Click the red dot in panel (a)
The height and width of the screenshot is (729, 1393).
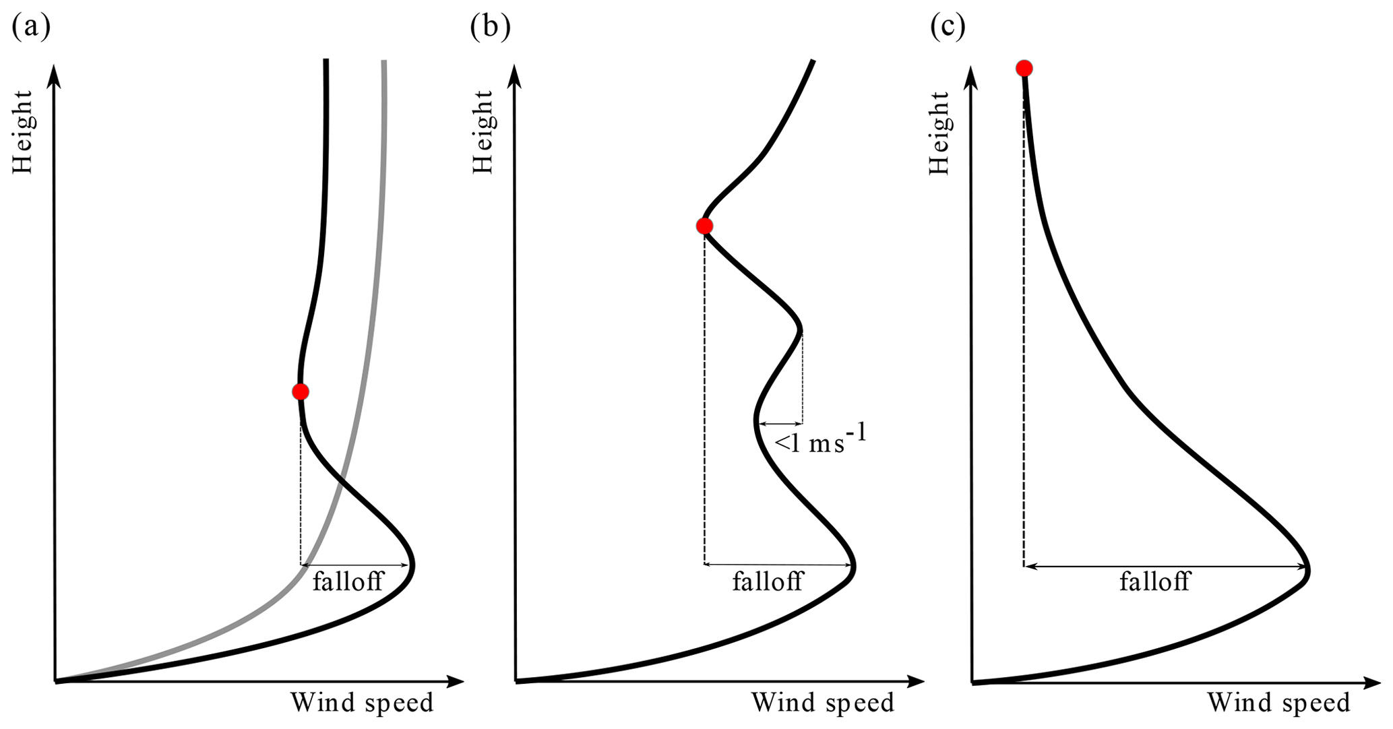301,391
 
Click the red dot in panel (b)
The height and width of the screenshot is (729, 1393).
704,226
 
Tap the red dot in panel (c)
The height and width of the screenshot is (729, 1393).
1024,68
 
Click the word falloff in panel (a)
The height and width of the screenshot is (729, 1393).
348,581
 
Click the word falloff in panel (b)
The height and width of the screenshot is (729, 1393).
768,581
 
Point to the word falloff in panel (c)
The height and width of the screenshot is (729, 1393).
1155,581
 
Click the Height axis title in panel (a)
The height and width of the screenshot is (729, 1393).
23,132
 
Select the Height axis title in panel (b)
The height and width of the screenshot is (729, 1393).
483,132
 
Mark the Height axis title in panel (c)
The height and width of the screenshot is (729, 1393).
939,133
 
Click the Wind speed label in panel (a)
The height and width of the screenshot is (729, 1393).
362,703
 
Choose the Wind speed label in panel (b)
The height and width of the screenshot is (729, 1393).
823,703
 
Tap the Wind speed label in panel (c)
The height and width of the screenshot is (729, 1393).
1278,703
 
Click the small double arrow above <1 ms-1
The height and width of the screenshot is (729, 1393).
780,424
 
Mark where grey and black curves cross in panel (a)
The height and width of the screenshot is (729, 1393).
341,480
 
